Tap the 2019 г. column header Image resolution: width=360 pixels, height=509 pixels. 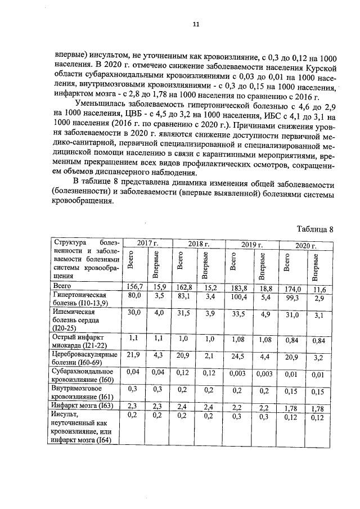point(251,245)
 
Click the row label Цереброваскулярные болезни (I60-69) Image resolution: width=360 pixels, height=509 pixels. point(84,359)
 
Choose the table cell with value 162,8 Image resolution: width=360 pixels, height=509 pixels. point(184,287)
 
